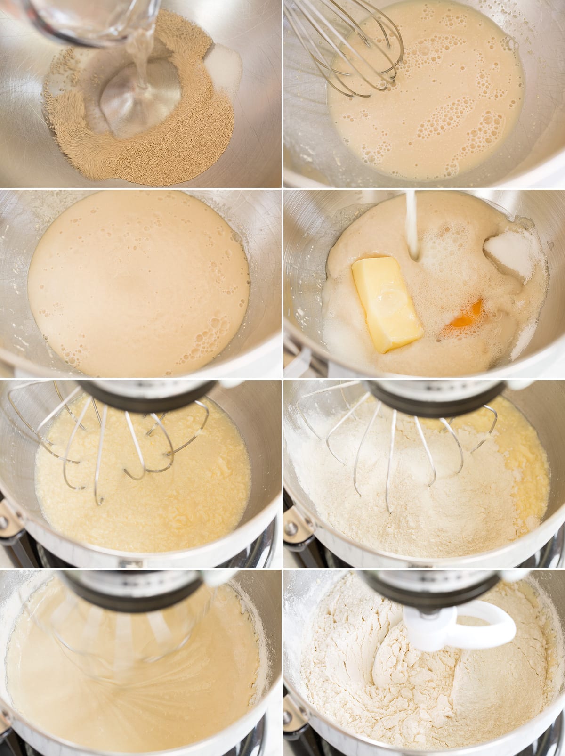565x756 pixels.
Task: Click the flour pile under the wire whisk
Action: [x=400, y=499]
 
